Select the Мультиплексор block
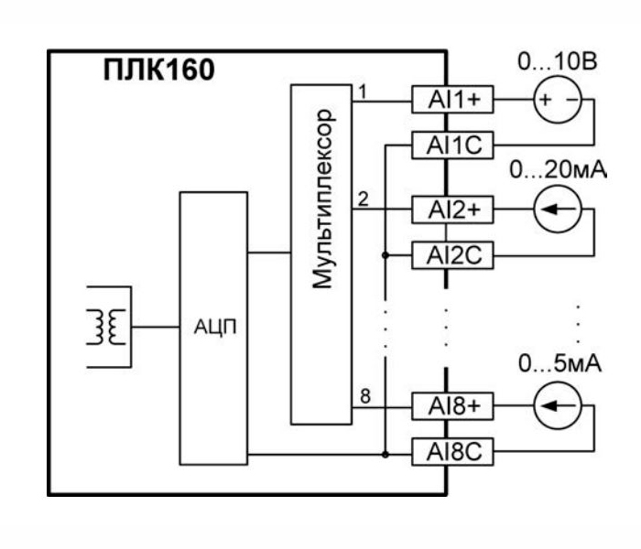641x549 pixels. point(322,253)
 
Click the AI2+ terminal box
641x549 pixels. point(452,210)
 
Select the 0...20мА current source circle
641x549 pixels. point(557,210)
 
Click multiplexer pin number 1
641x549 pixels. point(363,91)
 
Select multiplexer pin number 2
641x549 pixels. point(363,200)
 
